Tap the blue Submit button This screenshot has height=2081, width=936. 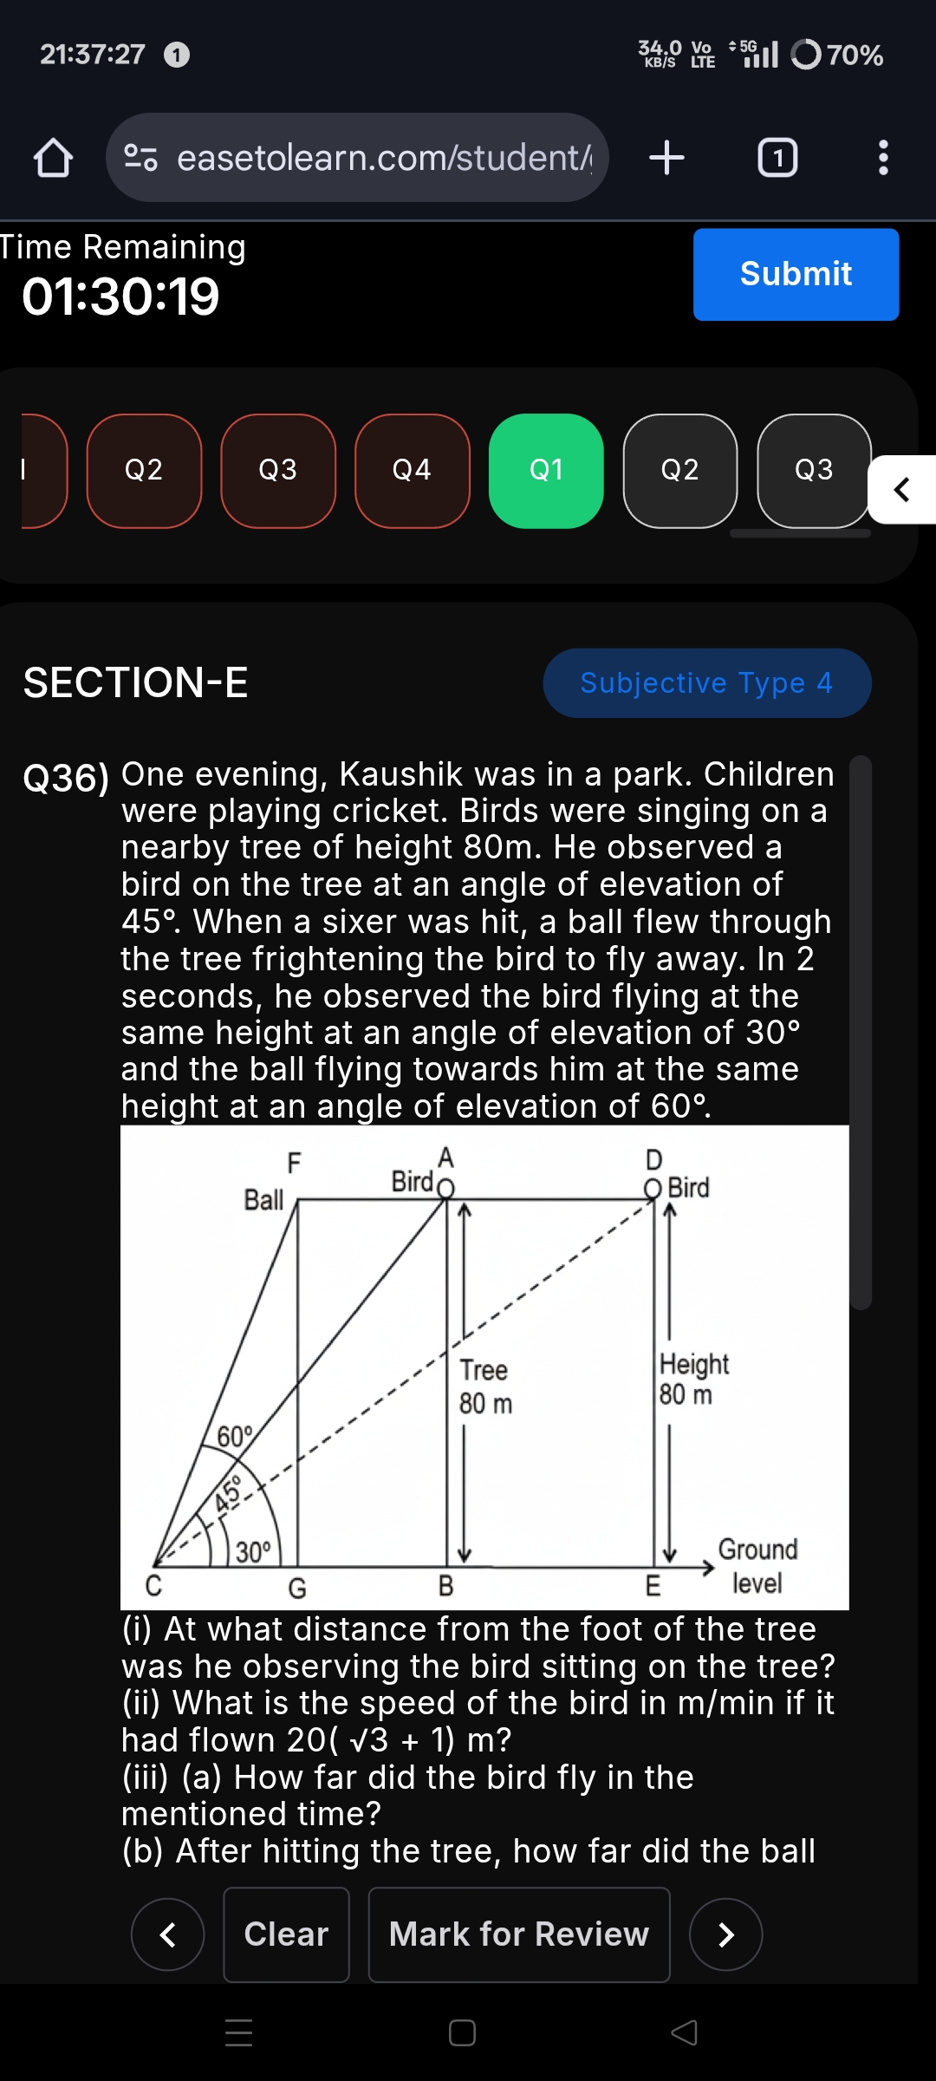[796, 274]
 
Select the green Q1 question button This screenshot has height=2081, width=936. [546, 471]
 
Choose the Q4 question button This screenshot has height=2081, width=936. [412, 471]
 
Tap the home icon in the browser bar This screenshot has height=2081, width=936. [53, 158]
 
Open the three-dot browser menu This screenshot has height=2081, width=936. [882, 158]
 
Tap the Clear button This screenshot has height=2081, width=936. [286, 1934]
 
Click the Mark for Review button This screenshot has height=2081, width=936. [518, 1934]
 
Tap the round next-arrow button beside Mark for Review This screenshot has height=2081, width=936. [725, 1934]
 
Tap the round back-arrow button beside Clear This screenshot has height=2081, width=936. [167, 1934]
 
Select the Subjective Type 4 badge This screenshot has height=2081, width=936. [706, 683]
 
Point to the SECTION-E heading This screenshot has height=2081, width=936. [135, 682]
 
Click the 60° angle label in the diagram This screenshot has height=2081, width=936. [234, 1437]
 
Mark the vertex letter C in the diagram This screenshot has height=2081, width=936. [153, 1586]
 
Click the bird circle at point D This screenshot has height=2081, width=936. [653, 1188]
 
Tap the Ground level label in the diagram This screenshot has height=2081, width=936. [757, 1566]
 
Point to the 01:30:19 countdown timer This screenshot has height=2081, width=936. [120, 297]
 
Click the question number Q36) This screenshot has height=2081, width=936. [66, 778]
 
